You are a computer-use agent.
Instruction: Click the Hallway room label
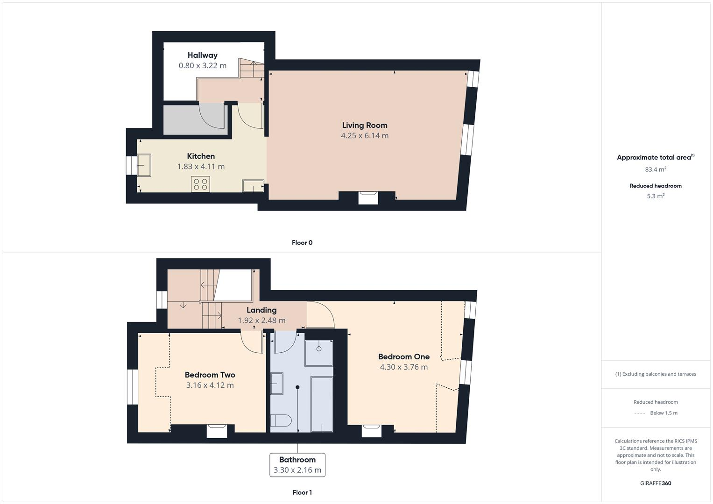(x=202, y=55)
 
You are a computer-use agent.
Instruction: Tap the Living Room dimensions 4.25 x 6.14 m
(x=364, y=136)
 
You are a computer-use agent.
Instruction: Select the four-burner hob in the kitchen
(x=200, y=184)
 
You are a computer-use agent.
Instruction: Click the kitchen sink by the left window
(x=144, y=166)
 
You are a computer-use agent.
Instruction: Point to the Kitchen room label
(x=201, y=156)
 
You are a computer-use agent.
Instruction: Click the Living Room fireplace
(x=368, y=197)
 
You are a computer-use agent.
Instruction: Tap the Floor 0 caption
(x=302, y=243)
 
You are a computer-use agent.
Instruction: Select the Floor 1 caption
(x=302, y=492)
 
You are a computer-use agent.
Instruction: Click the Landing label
(x=261, y=310)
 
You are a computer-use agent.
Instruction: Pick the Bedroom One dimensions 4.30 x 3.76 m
(x=403, y=367)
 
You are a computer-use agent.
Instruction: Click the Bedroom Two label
(x=210, y=375)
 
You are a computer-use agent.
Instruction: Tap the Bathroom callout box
(x=297, y=465)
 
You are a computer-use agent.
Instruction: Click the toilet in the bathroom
(x=281, y=421)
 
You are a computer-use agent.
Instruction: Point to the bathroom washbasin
(x=276, y=384)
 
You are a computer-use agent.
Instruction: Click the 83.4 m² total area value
(x=655, y=169)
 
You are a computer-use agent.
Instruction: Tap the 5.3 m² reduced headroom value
(x=655, y=196)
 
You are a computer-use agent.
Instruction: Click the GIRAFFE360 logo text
(x=655, y=483)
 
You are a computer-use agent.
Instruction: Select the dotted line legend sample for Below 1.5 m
(x=640, y=413)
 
